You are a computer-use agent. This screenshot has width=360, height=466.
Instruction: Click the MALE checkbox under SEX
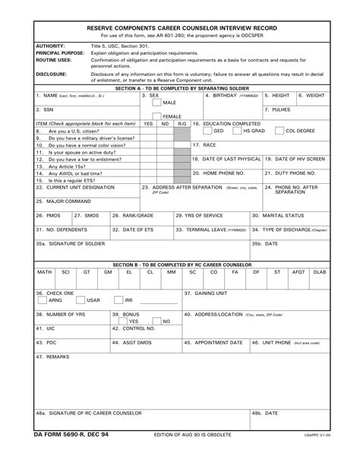point(156,103)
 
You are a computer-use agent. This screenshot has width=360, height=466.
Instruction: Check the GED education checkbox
point(207,131)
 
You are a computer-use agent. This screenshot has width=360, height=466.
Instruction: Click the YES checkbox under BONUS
point(123,321)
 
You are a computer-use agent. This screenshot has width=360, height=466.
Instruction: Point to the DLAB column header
point(320,271)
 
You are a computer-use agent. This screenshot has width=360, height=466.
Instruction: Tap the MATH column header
point(44,271)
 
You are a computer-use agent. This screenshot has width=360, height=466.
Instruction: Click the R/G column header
point(182,123)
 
